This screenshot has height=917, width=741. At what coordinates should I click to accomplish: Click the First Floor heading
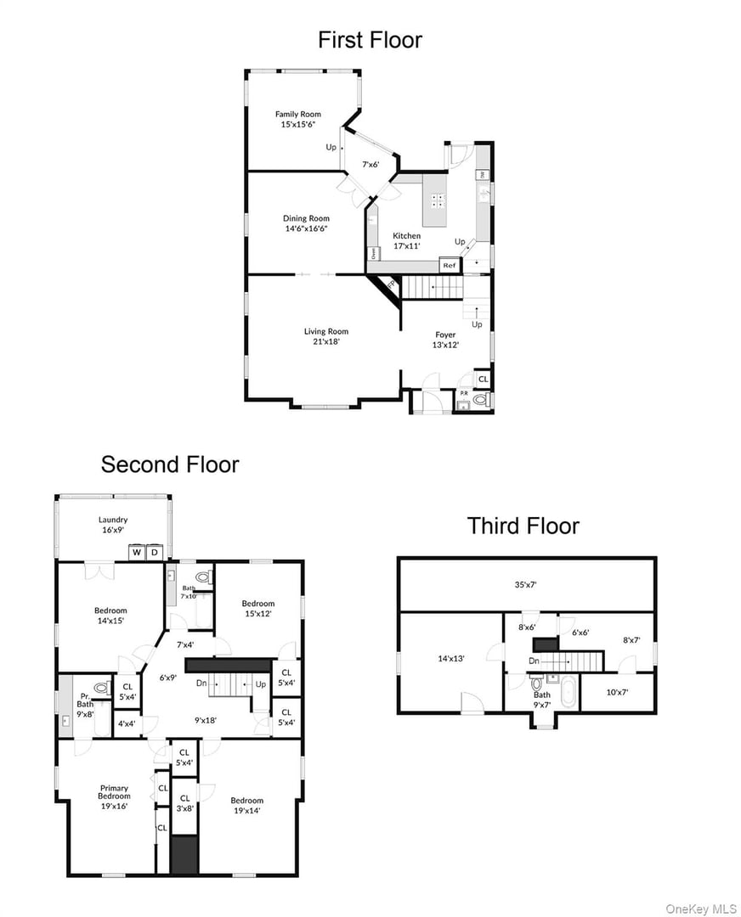tap(370, 40)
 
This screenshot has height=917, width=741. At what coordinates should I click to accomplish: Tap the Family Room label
tap(297, 119)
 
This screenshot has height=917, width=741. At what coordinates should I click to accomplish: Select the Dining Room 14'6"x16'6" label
tap(306, 223)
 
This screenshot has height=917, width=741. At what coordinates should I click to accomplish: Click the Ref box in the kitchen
tap(450, 266)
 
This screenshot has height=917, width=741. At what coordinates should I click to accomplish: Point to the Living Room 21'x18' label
tap(326, 336)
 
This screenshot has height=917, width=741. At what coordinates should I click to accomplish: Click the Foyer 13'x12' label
tap(445, 340)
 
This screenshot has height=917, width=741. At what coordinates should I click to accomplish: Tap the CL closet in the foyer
tap(483, 379)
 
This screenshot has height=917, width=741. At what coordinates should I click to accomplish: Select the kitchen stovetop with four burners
tap(439, 200)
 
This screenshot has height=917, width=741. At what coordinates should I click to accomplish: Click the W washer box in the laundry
tap(137, 554)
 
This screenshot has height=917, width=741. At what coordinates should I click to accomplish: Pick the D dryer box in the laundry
tap(155, 554)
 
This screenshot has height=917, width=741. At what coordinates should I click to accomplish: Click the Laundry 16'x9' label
tap(113, 525)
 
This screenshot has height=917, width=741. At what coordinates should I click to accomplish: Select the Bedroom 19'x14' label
tap(246, 805)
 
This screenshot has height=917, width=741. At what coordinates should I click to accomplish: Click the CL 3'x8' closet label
tap(184, 803)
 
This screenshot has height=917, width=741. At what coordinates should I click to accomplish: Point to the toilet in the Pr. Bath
tap(102, 688)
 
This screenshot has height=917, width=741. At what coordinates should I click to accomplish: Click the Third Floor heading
tap(523, 526)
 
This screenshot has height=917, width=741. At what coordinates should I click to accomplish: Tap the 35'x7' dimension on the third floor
tap(527, 585)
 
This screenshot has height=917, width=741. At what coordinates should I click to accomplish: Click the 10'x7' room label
tap(618, 692)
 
